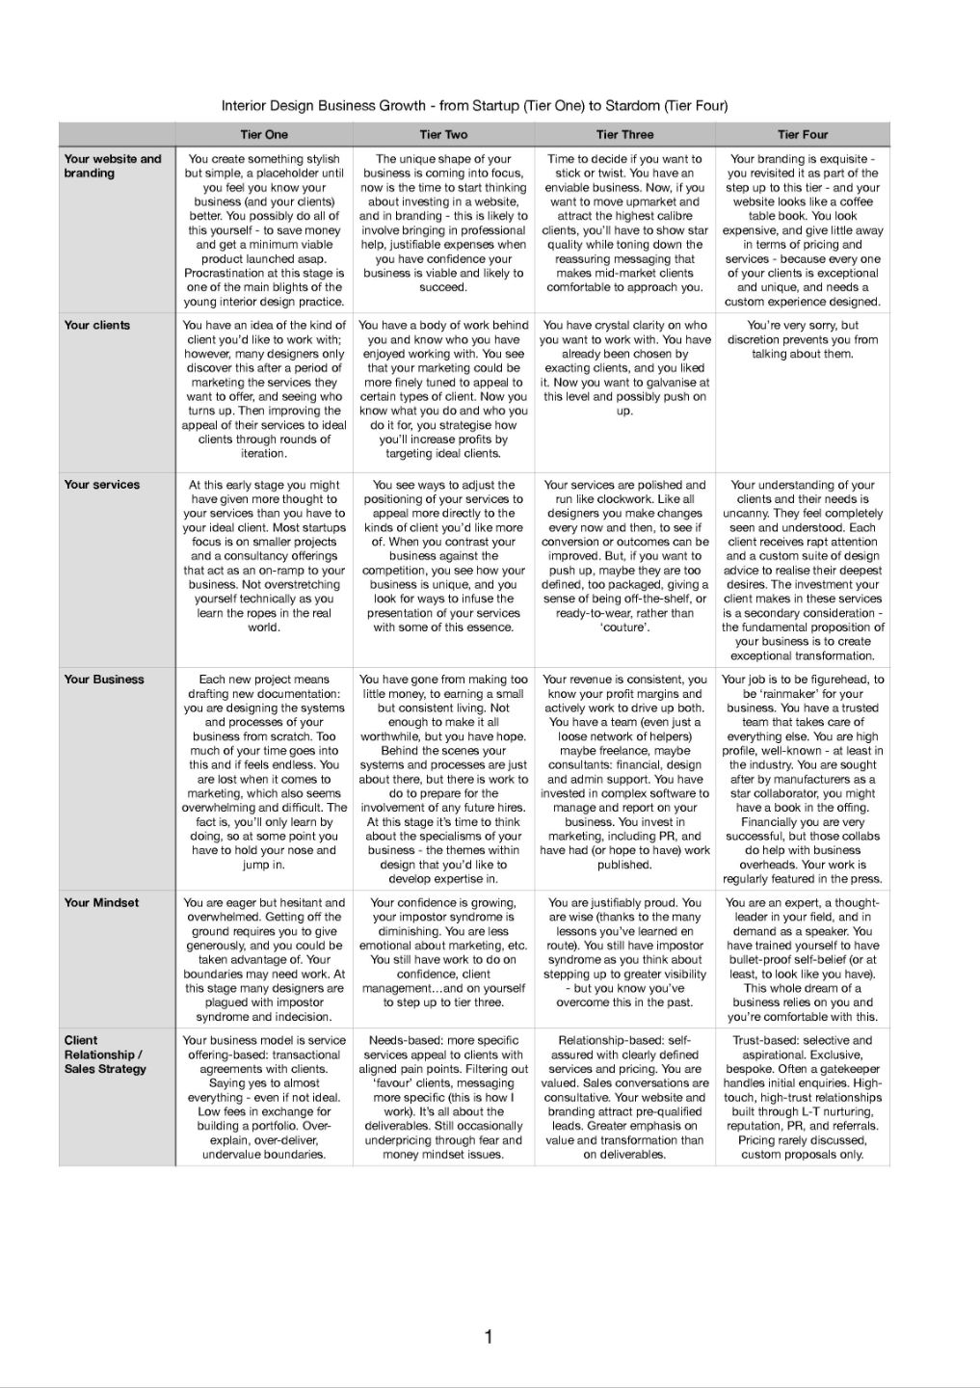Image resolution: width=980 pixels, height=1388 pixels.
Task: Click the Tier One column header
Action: tap(264, 135)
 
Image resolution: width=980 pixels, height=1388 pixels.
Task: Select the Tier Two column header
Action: tap(443, 135)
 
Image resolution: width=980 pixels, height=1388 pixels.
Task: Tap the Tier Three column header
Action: tap(624, 135)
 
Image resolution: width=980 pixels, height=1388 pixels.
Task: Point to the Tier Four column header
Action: tap(803, 135)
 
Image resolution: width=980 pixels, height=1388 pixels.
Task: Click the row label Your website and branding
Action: tap(112, 166)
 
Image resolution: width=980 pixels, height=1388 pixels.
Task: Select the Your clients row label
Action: tap(96, 325)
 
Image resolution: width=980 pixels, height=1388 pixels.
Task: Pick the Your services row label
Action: tap(101, 485)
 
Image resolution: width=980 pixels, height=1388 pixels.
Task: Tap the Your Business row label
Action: tap(103, 680)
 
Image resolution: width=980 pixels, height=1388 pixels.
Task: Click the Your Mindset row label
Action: tap(101, 903)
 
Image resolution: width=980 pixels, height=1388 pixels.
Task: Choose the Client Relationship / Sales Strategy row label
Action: tap(105, 1054)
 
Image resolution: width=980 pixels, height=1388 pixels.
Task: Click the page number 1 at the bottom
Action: tap(489, 1336)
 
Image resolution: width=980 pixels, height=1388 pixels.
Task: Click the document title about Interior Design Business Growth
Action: tap(474, 106)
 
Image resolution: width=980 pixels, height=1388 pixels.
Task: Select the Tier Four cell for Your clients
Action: tap(803, 339)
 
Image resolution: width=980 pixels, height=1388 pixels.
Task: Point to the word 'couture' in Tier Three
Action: tap(624, 627)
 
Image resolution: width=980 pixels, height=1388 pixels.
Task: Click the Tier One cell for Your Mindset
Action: tap(264, 960)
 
